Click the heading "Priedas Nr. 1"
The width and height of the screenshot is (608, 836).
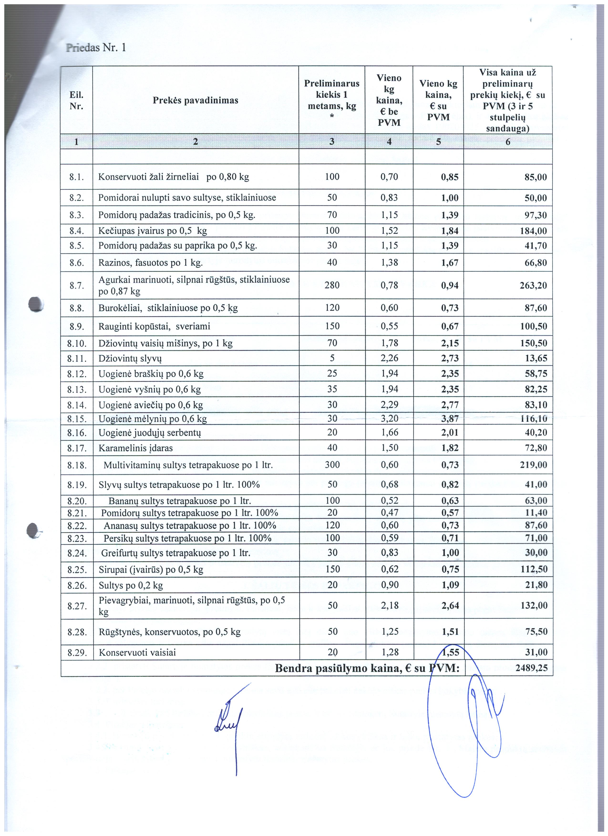[96, 48]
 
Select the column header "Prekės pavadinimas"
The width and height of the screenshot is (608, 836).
[196, 100]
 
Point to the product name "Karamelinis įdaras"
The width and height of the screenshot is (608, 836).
[136, 448]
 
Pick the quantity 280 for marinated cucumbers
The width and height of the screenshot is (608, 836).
[332, 285]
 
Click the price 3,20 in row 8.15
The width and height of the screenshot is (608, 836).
[389, 418]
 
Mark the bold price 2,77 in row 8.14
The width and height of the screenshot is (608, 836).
[450, 405]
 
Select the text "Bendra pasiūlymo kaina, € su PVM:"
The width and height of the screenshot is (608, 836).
[367, 668]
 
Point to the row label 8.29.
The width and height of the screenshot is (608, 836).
[77, 653]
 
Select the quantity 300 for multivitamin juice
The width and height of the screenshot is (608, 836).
[332, 464]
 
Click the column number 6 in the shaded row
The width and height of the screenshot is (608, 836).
[507, 142]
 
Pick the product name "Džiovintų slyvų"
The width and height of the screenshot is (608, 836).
[130, 358]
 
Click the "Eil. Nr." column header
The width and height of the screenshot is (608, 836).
[76, 100]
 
